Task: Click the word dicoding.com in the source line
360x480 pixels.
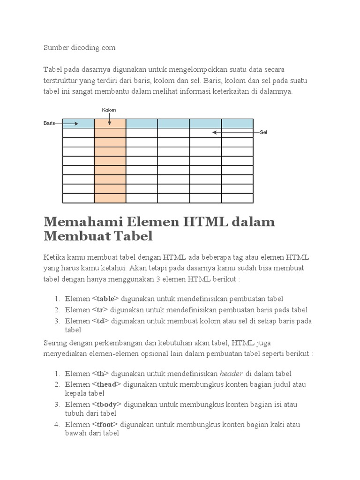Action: tap(94, 48)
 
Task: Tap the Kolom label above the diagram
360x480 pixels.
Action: tap(109, 110)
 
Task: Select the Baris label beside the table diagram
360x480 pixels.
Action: tap(49, 123)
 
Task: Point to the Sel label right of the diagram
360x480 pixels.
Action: tap(263, 133)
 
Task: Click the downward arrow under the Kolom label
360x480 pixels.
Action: tap(109, 120)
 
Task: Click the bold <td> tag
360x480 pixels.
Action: tap(101, 321)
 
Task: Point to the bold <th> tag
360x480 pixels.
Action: tap(101, 374)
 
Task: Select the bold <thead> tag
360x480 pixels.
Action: tap(106, 385)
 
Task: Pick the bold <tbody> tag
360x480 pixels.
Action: tap(107, 405)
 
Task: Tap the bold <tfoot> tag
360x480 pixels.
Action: tap(105, 425)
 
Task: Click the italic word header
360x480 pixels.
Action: tap(231, 374)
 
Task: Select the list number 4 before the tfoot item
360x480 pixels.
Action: tap(56, 425)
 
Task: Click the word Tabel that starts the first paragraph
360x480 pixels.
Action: tap(52, 69)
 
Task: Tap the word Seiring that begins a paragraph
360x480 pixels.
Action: tap(55, 342)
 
